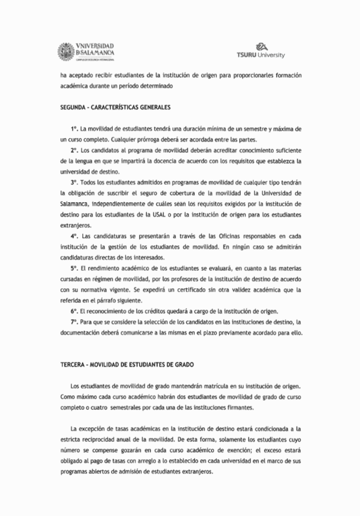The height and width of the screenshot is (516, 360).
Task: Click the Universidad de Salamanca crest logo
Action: tap(67, 50)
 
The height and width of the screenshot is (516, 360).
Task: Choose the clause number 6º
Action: tap(74, 311)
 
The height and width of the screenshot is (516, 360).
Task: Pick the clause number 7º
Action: tap(74, 322)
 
